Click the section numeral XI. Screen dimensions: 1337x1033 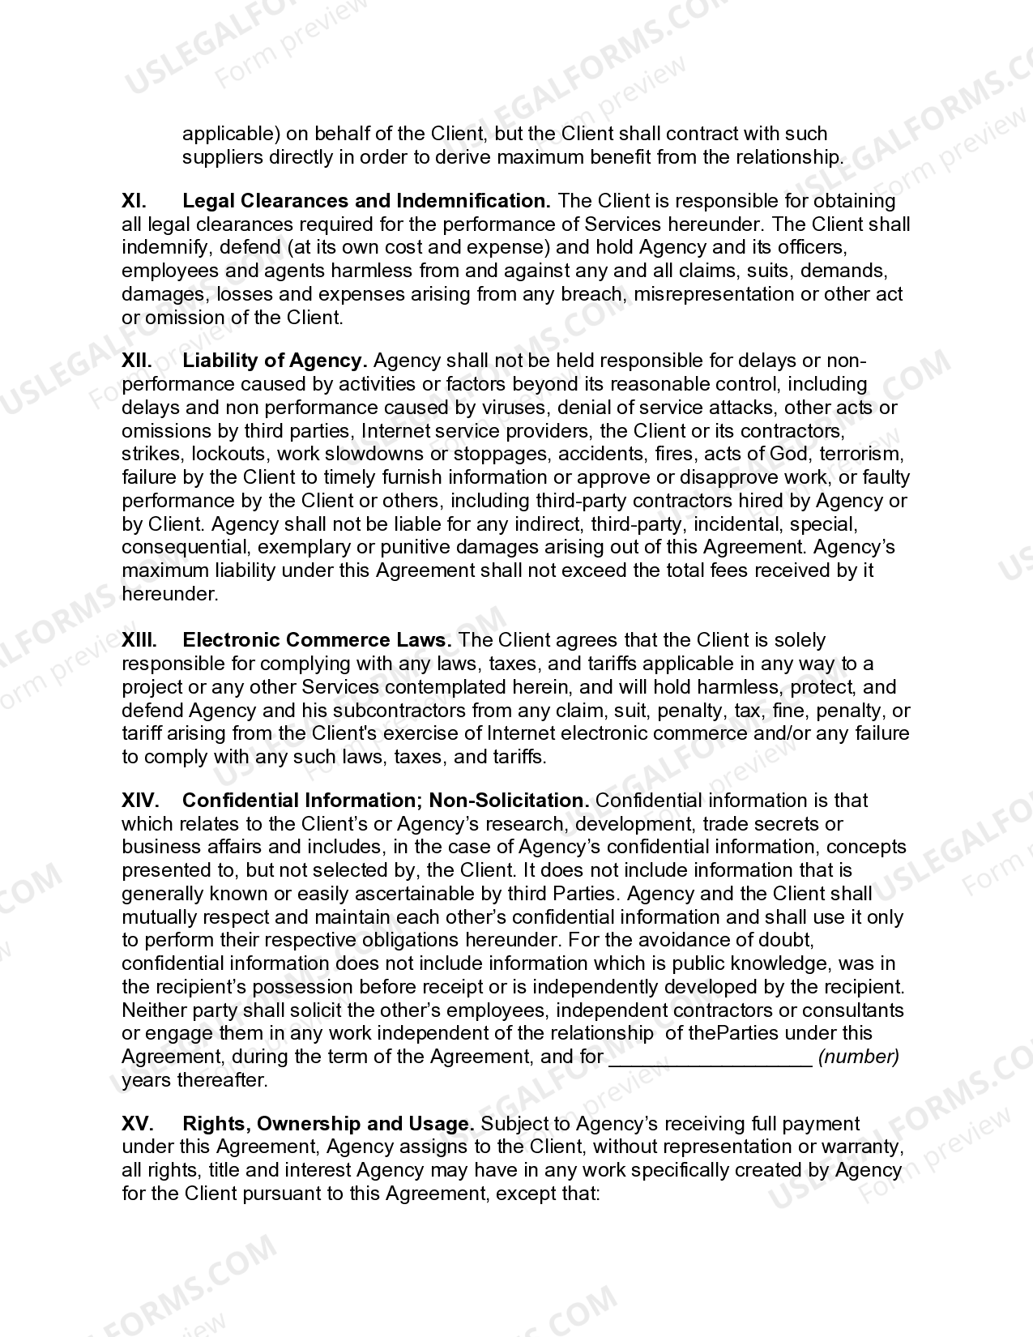pos(134,200)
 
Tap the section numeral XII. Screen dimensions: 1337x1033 pos(137,361)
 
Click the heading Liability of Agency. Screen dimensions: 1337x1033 pos(275,361)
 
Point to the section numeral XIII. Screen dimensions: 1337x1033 pos(139,640)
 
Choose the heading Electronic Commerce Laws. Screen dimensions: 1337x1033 pos(317,640)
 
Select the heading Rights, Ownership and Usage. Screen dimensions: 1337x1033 pos(328,1124)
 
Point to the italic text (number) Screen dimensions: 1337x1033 pos(859,1057)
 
